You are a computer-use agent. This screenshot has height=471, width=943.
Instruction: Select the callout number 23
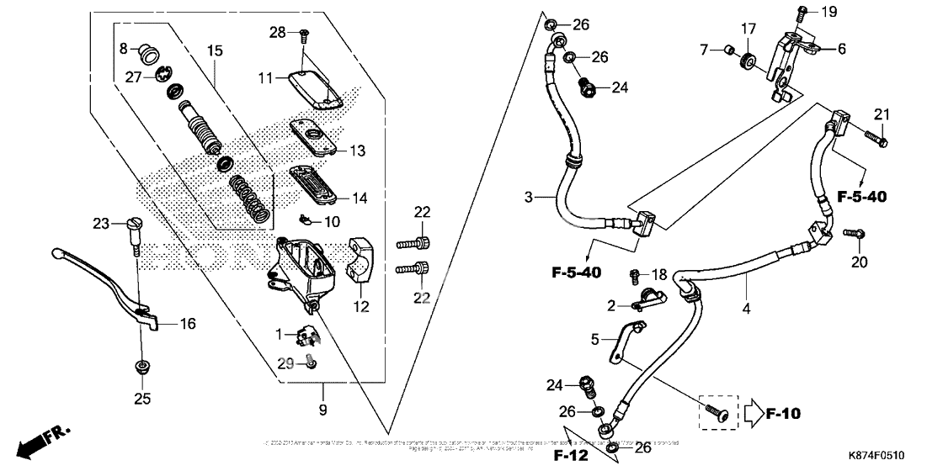pyautogui.click(x=101, y=224)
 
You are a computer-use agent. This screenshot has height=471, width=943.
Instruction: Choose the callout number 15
pyautogui.click(x=215, y=52)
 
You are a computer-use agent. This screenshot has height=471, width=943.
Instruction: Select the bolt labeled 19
pyautogui.click(x=802, y=13)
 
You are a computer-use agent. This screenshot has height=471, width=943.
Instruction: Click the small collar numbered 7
pyautogui.click(x=723, y=51)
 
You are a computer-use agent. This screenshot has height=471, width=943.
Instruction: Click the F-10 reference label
pyautogui.click(x=783, y=414)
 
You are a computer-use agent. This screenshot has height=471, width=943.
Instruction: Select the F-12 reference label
pyautogui.click(x=570, y=456)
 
